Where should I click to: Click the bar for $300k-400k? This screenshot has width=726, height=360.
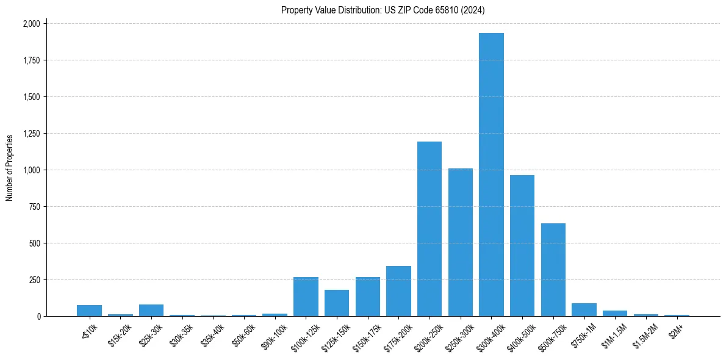tap(491, 175)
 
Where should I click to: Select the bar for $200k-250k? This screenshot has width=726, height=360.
tap(429, 229)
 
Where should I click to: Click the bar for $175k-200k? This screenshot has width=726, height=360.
tap(398, 291)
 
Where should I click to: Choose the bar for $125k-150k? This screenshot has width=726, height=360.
tap(337, 303)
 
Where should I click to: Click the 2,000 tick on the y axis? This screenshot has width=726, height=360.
tap(31, 24)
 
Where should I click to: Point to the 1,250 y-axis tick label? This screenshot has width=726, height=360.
tap(31, 134)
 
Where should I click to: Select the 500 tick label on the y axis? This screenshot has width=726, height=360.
tap(35, 243)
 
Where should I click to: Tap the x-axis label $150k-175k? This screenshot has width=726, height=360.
tap(367, 336)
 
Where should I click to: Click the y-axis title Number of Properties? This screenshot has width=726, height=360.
tap(9, 168)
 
